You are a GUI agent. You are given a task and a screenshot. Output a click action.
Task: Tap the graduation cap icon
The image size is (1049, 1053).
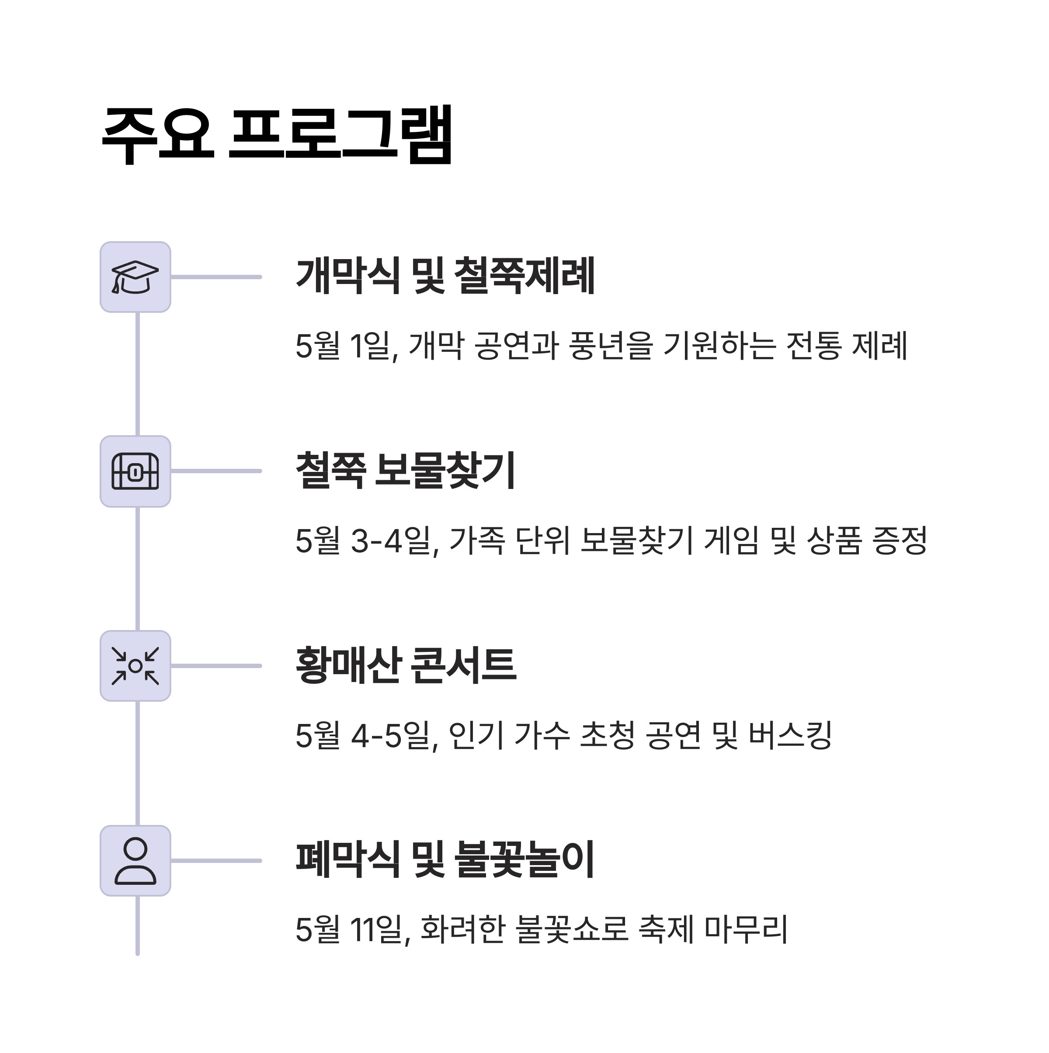[x=135, y=277]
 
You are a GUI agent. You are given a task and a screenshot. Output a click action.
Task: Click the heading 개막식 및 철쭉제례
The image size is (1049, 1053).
[x=445, y=276]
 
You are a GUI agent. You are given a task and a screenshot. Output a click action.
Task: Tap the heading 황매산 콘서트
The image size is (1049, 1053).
[x=406, y=665]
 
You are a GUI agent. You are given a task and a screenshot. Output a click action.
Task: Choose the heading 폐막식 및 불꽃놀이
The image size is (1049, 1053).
[x=445, y=860]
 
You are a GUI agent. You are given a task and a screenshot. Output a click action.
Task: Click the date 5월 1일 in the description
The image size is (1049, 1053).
[x=344, y=346]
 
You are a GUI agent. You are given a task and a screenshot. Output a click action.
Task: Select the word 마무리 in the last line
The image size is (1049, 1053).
[x=746, y=930]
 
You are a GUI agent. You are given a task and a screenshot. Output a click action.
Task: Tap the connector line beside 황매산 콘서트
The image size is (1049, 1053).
[x=216, y=666]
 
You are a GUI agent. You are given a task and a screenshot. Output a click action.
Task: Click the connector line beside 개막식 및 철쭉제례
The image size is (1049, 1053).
[x=216, y=277]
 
